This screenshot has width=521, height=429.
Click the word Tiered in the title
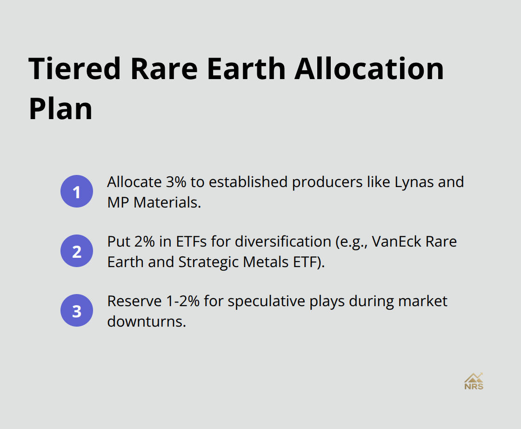pyautogui.click(x=74, y=69)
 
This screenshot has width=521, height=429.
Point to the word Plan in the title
pyautogui.click(x=60, y=109)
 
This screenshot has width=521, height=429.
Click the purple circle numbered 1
pyautogui.click(x=77, y=191)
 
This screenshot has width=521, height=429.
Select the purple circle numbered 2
pyautogui.click(x=77, y=251)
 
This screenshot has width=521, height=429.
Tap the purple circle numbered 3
pyautogui.click(x=77, y=310)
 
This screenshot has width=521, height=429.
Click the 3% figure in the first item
pyautogui.click(x=175, y=181)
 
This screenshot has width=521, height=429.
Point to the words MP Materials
pyautogui.click(x=154, y=202)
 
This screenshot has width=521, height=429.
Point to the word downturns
pyautogui.click(x=147, y=322)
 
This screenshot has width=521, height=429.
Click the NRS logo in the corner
pyautogui.click(x=474, y=381)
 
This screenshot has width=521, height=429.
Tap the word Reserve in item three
pyautogui.click(x=132, y=301)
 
